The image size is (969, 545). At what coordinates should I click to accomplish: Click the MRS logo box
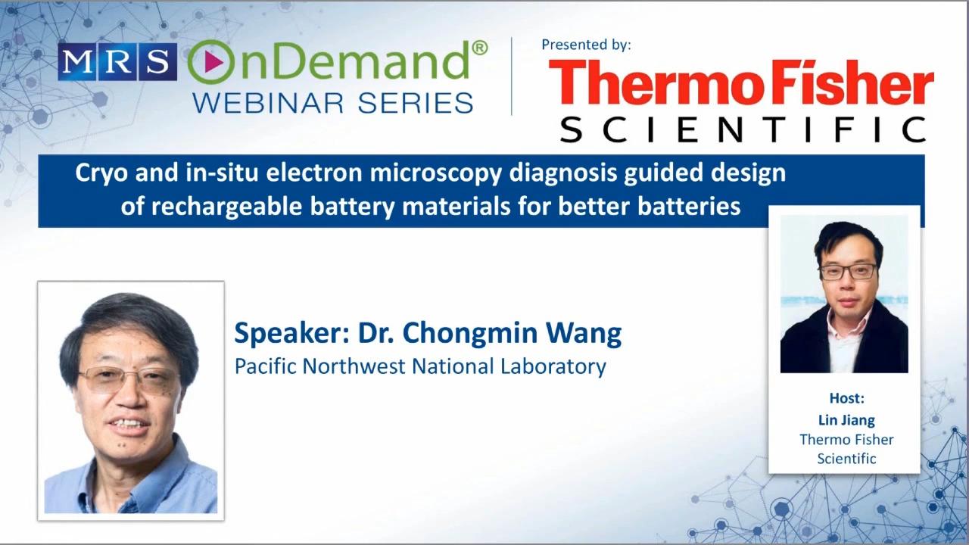[117, 62]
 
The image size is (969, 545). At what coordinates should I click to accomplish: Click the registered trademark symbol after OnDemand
[479, 48]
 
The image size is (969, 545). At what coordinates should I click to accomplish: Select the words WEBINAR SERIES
[332, 103]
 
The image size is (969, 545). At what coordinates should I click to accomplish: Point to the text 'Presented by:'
[586, 45]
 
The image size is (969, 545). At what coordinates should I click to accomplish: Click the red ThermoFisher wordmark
[741, 83]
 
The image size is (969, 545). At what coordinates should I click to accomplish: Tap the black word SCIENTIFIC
[743, 129]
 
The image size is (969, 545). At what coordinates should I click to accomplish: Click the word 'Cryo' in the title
[101, 174]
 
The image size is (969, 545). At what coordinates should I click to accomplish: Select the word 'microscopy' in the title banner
[435, 174]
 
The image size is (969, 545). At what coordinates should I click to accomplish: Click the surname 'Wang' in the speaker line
[584, 334]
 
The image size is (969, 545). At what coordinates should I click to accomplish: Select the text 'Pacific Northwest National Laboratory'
[420, 367]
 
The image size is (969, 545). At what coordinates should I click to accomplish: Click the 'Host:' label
[846, 398]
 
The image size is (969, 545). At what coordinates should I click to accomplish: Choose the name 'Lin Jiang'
[846, 420]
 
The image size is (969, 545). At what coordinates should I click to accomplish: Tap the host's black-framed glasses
[849, 272]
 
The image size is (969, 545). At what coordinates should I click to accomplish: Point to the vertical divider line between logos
[512, 76]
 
